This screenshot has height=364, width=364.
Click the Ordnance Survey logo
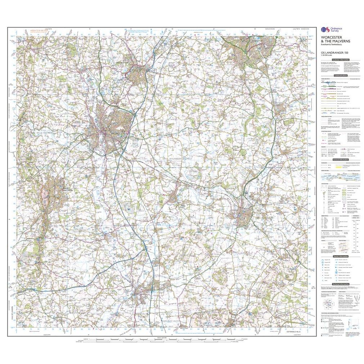(328, 32)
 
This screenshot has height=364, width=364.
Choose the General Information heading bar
(340, 159)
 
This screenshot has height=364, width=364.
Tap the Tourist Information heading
(340, 256)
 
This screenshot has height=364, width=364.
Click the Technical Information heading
(340, 284)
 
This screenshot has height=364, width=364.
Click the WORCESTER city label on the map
(120, 134)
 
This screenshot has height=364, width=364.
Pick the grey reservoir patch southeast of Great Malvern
(128, 206)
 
